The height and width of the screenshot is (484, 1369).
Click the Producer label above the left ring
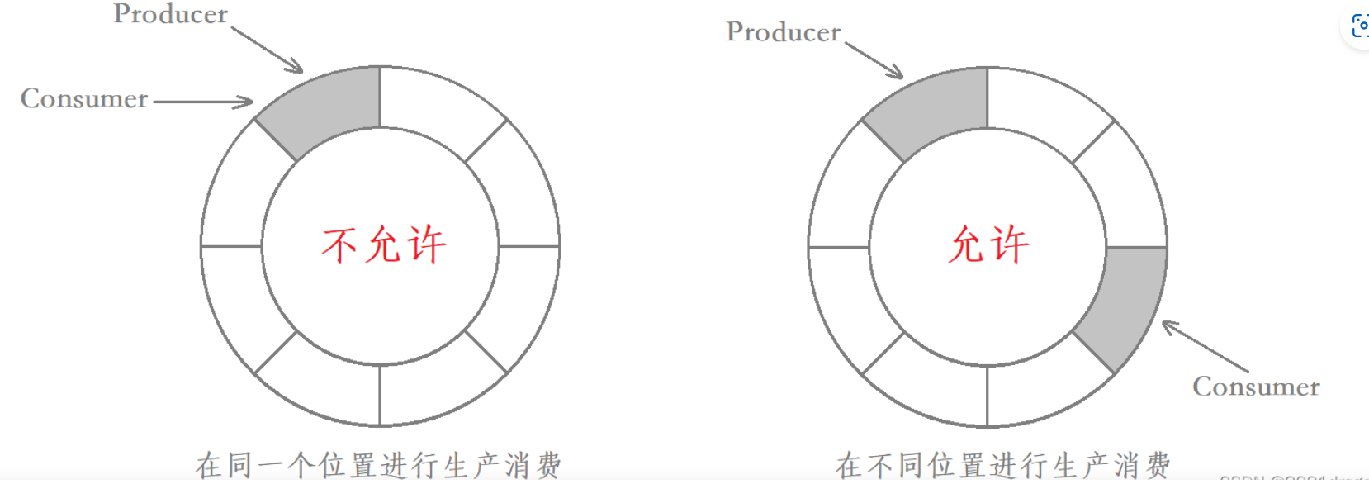(x=170, y=15)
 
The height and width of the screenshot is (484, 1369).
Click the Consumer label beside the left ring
(x=84, y=99)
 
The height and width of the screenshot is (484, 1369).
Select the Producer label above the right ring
(x=783, y=33)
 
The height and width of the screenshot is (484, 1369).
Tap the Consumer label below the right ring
(x=1255, y=387)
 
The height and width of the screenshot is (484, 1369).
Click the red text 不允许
(x=383, y=245)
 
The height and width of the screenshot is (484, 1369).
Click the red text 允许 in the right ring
(x=988, y=245)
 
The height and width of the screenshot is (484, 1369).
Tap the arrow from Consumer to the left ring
(x=203, y=102)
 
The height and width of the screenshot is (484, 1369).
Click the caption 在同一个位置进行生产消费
(x=378, y=465)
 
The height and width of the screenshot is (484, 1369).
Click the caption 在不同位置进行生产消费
(x=1002, y=465)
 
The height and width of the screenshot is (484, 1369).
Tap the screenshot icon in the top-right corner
(x=1358, y=26)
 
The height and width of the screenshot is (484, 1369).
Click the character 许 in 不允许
(x=426, y=245)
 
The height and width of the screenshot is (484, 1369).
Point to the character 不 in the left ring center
(x=339, y=245)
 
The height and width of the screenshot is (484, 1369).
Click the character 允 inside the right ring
(x=966, y=245)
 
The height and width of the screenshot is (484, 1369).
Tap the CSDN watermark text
(x=1292, y=478)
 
